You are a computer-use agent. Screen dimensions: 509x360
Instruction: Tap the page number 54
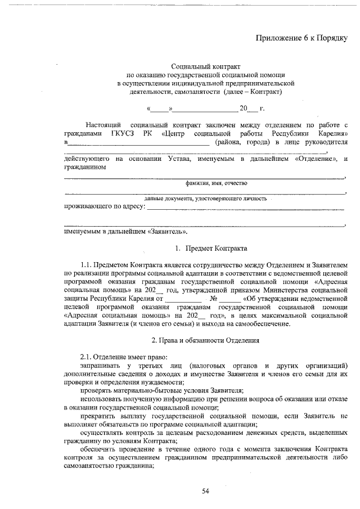click(x=205, y=491)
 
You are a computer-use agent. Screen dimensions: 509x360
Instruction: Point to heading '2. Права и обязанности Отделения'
click(x=205, y=341)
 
